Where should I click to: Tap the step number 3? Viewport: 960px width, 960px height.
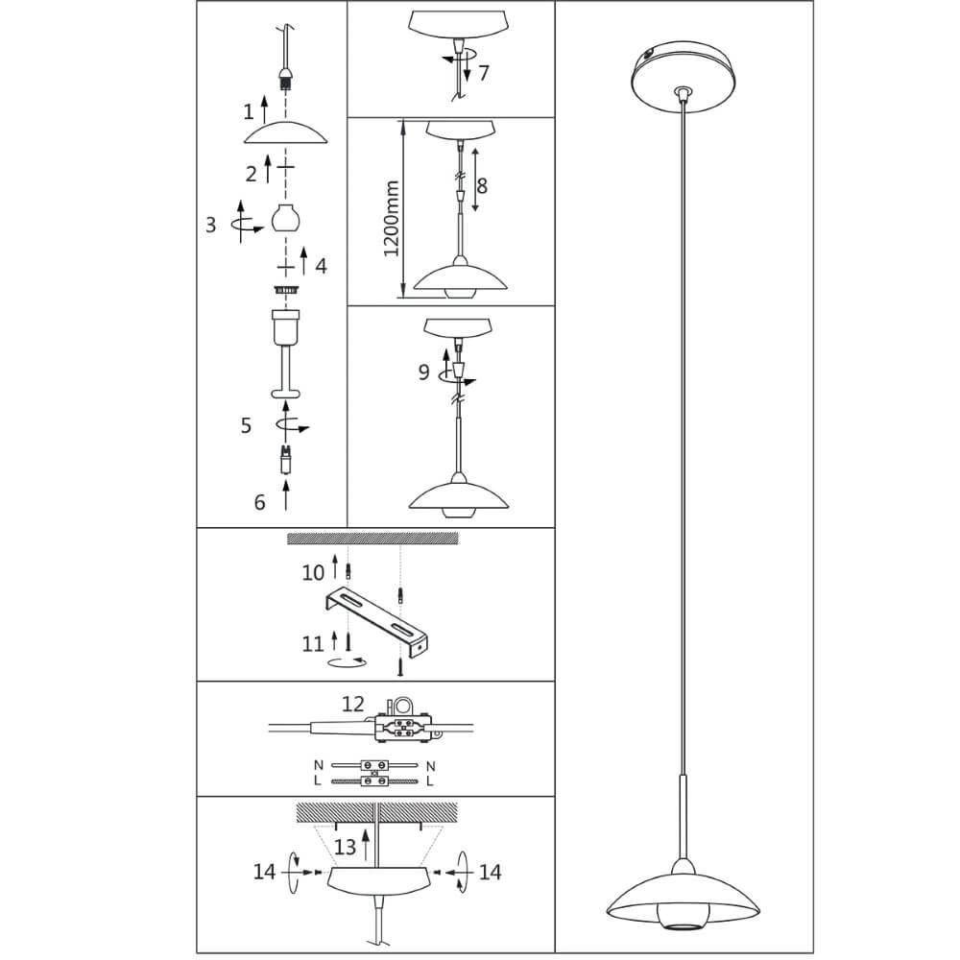click(211, 226)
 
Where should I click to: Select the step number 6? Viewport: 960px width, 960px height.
click(259, 501)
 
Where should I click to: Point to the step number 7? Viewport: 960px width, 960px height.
click(483, 72)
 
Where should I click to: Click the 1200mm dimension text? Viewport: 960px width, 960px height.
click(392, 219)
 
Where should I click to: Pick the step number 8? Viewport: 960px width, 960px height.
click(482, 185)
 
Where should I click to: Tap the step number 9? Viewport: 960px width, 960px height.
click(423, 372)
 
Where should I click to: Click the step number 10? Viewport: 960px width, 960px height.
click(313, 573)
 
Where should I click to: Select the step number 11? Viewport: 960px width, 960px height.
click(313, 643)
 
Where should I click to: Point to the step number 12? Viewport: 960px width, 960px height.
click(353, 705)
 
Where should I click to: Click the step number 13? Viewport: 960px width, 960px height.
click(346, 846)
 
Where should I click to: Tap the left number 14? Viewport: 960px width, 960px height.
click(265, 872)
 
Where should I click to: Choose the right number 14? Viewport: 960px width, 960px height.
click(490, 872)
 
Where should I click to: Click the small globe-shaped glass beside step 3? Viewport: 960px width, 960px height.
click(284, 218)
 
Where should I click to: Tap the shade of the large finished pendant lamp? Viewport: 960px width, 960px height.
click(683, 898)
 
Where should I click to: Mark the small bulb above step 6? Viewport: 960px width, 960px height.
click(285, 462)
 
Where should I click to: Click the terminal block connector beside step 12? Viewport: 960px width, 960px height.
click(403, 725)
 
